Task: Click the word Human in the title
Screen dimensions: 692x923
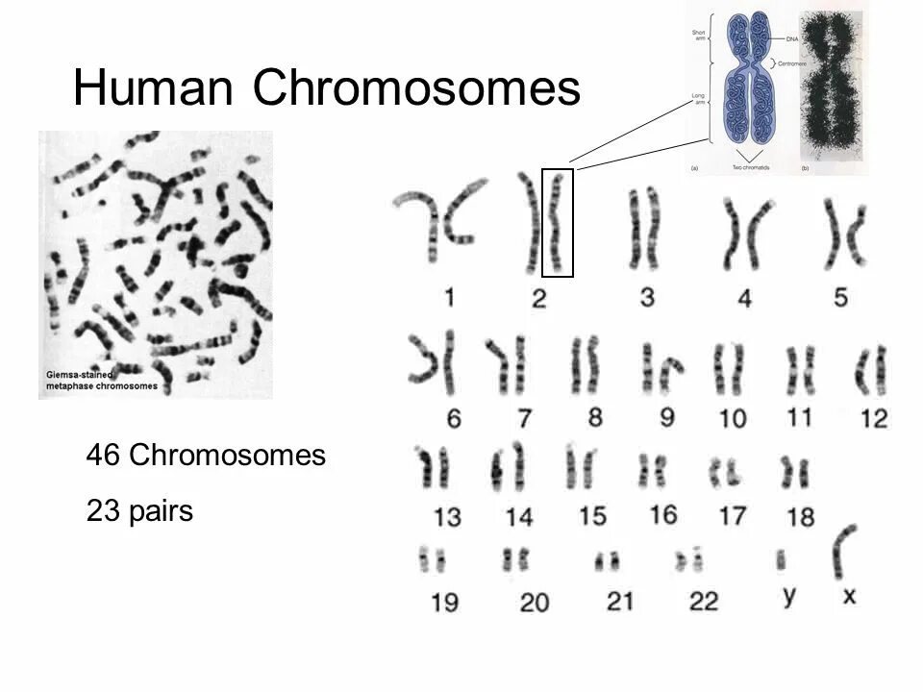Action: (x=155, y=89)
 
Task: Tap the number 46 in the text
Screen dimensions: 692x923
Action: (x=103, y=455)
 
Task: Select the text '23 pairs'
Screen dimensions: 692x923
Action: (x=139, y=510)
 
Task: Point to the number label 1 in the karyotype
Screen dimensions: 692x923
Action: (x=449, y=298)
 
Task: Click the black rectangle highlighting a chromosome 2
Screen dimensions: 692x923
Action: (x=558, y=223)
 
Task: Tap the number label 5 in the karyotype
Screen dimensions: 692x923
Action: (x=840, y=298)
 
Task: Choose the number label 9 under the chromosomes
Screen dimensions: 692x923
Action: (x=666, y=416)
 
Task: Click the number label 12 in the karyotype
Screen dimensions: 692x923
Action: (x=875, y=418)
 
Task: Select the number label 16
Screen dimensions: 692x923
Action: (x=662, y=514)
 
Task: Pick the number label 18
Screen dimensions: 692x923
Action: (x=800, y=517)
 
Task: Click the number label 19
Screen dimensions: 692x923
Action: (x=444, y=604)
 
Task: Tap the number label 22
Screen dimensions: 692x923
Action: (x=704, y=602)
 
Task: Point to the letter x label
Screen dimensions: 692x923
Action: (x=849, y=597)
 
